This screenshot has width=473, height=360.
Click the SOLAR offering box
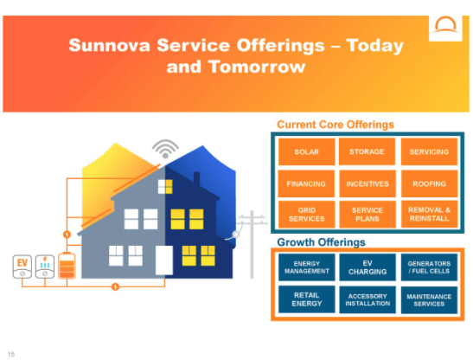pos(307,152)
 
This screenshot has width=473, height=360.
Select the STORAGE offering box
pos(367,152)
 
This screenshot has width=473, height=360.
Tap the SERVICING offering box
pos(429,152)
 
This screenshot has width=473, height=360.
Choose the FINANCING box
pos(307,183)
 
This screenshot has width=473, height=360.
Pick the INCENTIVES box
pos(367,183)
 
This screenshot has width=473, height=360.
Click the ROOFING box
pos(429,183)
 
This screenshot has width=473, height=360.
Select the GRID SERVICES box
pos(307,215)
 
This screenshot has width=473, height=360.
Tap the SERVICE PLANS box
pos(367,215)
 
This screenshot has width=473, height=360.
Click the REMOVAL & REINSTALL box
pos(429,215)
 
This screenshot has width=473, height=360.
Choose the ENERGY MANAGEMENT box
pos(307,267)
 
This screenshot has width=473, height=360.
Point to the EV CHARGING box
pos(367,267)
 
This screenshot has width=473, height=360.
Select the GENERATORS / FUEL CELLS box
pos(429,267)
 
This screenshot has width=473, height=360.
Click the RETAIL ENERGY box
pos(307,299)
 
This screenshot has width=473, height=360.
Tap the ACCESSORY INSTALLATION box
pos(367,299)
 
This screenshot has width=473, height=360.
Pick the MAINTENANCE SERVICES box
pos(429,299)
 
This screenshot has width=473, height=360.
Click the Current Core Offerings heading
pos(335,125)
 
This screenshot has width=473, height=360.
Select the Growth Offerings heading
pos(321,241)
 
